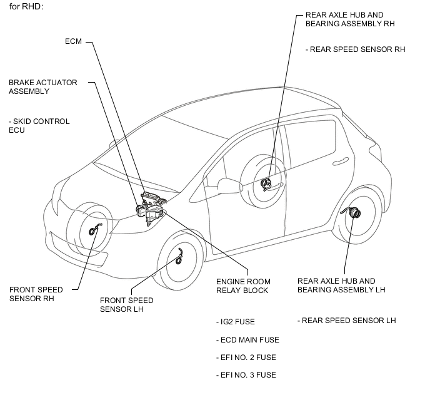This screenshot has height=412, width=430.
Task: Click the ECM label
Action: tap(73, 41)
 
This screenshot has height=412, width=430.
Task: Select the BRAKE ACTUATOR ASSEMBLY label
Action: tap(42, 87)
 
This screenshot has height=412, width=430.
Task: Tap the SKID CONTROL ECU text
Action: tap(39, 125)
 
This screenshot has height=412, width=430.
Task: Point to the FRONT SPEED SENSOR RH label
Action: tap(36, 294)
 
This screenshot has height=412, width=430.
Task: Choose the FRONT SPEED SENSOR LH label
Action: tap(126, 304)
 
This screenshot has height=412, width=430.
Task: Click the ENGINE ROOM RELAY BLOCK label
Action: tap(243, 286)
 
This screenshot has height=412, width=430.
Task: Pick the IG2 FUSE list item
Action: tap(235, 322)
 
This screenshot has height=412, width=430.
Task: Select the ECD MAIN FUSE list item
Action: tap(247, 340)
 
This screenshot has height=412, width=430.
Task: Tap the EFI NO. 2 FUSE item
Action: tap(246, 358)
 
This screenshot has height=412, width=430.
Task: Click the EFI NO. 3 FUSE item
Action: tap(246, 375)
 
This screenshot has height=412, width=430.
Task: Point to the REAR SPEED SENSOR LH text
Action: tap(347, 321)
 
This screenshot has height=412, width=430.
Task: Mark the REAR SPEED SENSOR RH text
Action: tap(356, 49)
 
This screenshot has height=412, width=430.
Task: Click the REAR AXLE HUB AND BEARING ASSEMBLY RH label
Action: tap(350, 19)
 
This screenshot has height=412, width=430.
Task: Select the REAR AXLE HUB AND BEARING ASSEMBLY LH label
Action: tap(341, 286)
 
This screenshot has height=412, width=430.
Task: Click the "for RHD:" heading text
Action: tap(26, 7)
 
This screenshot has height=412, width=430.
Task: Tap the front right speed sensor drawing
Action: tap(94, 229)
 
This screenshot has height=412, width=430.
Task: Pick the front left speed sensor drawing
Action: tap(179, 257)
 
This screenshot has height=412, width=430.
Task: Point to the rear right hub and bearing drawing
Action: tap(266, 183)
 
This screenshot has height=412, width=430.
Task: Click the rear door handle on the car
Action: tap(341, 162)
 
